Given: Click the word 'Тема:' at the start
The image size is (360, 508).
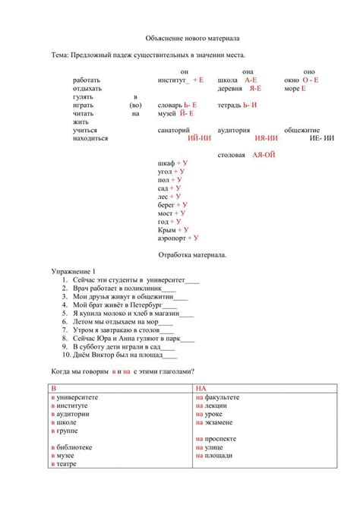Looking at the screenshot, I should tap(61, 55).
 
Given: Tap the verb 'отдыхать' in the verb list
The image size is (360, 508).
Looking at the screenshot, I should tap(87, 88).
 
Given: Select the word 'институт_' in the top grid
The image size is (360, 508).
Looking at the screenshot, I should tap(174, 80).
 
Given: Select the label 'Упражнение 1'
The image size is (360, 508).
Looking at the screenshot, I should tap(73, 271).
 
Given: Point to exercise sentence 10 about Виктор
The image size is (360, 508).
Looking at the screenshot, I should tap(125, 353).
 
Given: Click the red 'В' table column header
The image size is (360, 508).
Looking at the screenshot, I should tap(54, 388).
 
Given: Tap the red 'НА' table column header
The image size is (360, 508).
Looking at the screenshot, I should tap(200, 388).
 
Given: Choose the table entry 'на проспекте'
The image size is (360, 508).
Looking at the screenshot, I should tap(216, 439).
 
